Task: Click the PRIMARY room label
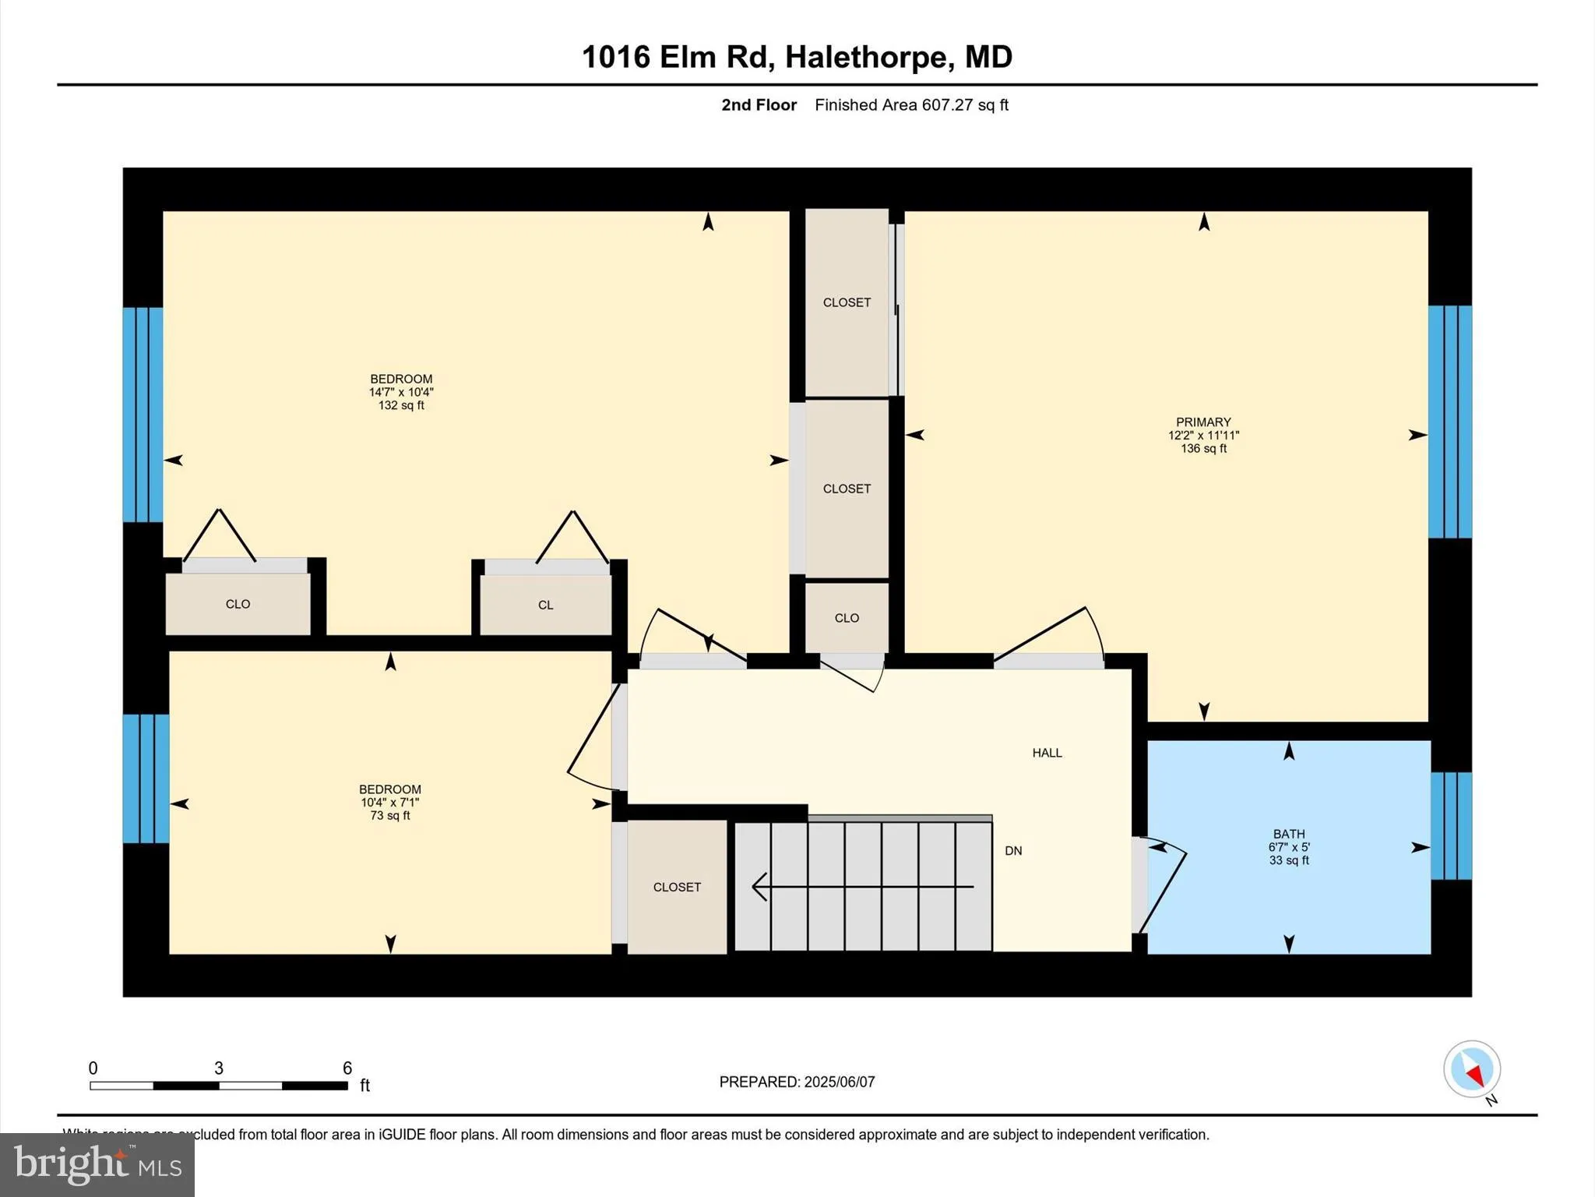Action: coord(1203,422)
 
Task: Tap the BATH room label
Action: coord(1289,834)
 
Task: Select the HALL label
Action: coord(1047,753)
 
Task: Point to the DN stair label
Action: coord(1013,851)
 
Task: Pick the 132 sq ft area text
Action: coord(401,405)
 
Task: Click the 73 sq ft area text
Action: coord(390,816)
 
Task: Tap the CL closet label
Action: coord(545,606)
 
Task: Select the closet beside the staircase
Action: coord(677,887)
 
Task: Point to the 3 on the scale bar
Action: coord(219,1068)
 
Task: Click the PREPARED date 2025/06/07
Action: coord(839,1082)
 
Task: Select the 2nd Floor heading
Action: coord(759,105)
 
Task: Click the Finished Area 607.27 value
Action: coord(948,105)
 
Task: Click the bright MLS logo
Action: coord(97,1164)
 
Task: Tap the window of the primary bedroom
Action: coord(1450,422)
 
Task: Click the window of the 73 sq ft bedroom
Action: coord(146,779)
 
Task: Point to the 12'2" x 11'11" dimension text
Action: coord(1203,436)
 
